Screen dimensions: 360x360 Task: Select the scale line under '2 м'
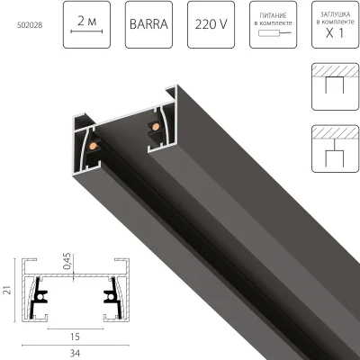pyautogui.click(x=86, y=31)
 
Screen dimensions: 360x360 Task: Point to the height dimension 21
pyautogui.click(x=7, y=287)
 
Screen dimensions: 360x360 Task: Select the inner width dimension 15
pyautogui.click(x=73, y=334)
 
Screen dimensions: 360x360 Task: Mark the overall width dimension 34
pyautogui.click(x=73, y=352)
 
